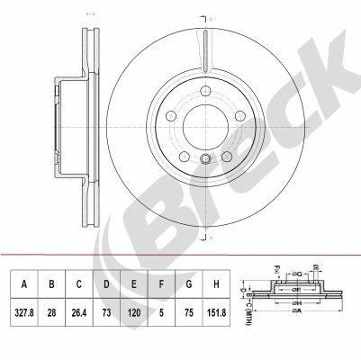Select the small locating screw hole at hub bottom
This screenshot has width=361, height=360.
(x=205, y=161)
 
